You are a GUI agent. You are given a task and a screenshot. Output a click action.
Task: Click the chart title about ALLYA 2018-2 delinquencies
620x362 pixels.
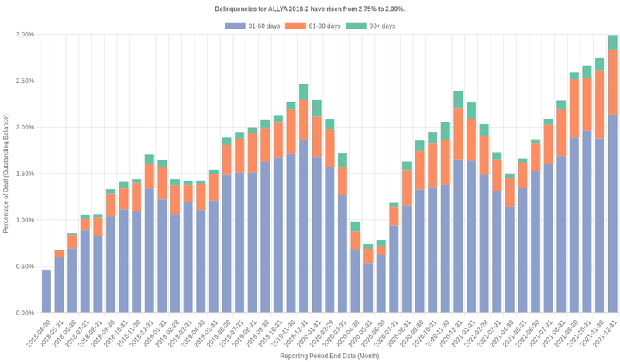[309, 9]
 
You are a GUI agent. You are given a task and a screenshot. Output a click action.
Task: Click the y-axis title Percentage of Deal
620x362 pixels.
[6, 174]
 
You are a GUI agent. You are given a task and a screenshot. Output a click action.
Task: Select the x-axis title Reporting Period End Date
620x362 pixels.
[329, 356]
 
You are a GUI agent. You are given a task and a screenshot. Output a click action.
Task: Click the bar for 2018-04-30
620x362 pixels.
[46, 291]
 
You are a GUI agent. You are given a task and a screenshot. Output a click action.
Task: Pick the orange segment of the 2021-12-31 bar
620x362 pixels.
[613, 82]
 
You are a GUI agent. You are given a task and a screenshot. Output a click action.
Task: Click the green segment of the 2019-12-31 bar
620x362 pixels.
[304, 92]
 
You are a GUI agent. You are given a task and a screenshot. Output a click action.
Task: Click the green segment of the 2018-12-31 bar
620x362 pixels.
[150, 160]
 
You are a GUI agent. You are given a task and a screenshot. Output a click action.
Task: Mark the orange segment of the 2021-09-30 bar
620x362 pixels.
[574, 109]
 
